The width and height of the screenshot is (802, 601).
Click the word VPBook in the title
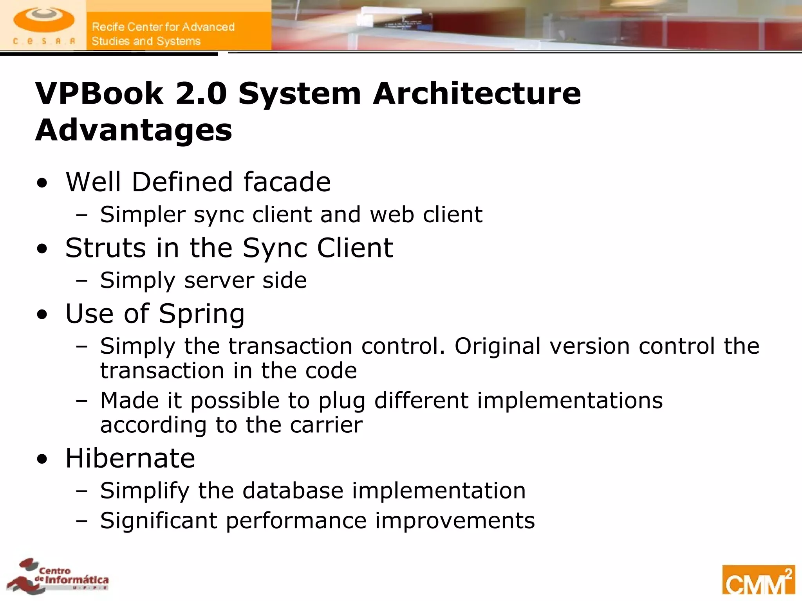click(99, 94)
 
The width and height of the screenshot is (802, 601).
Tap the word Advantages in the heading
click(134, 130)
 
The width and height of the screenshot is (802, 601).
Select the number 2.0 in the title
click(201, 94)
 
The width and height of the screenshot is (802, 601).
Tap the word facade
click(287, 182)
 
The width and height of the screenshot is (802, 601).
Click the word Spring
click(202, 314)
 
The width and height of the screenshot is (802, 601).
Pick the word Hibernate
click(130, 458)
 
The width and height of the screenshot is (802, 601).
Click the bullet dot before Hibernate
click(42, 459)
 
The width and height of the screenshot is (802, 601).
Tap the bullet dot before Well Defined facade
click(42, 183)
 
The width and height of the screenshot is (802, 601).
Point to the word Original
click(497, 346)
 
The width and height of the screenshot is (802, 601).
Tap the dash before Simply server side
click(82, 281)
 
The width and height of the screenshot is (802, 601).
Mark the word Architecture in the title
click(477, 94)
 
